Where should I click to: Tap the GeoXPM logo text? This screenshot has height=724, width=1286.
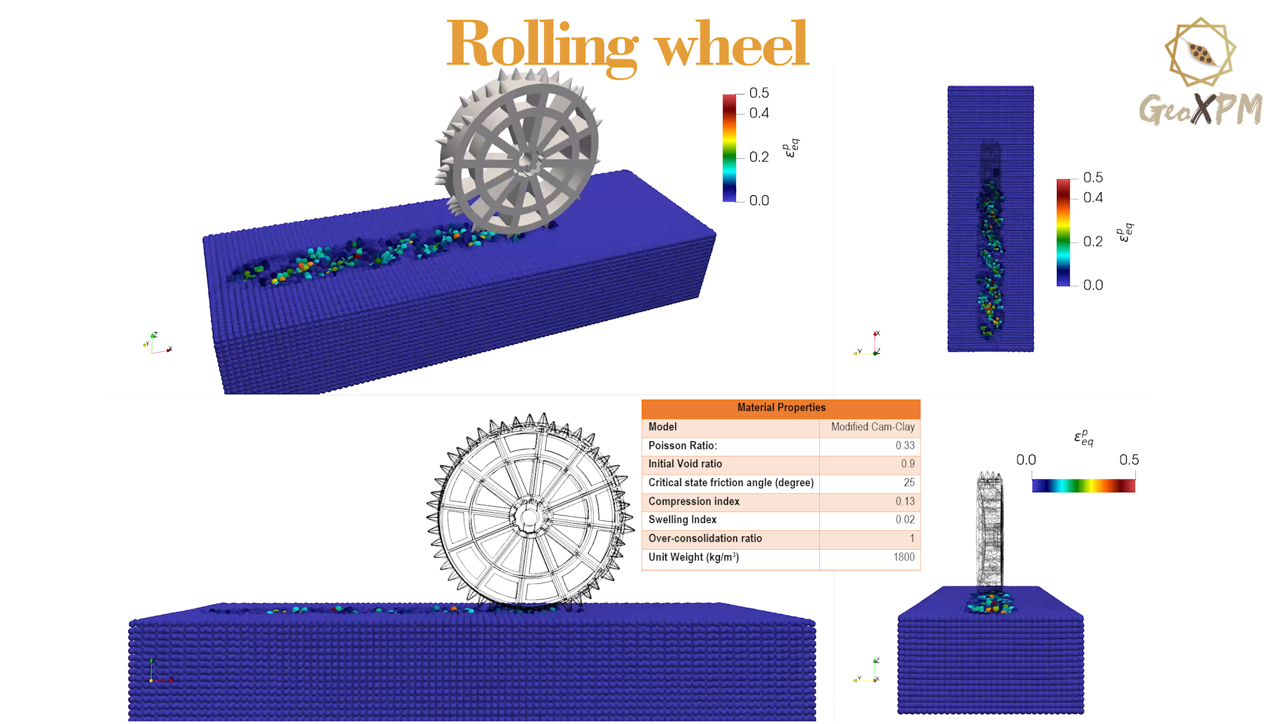[1201, 109]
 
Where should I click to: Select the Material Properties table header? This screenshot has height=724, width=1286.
[781, 408]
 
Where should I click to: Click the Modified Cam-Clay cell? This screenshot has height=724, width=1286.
[873, 427]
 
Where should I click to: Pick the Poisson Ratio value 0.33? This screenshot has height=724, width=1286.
[905, 446]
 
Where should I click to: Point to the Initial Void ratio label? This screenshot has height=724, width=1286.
[685, 464]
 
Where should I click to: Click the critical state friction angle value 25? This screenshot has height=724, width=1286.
[909, 483]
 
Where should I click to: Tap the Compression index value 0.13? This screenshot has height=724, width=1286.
[905, 501]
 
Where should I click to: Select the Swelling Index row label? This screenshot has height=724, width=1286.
[683, 520]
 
